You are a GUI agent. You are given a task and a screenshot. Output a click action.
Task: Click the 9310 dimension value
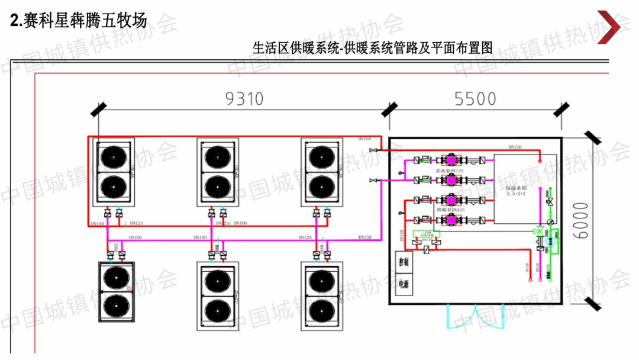pos(244,99)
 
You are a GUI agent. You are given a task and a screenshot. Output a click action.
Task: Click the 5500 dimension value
pos(475,99)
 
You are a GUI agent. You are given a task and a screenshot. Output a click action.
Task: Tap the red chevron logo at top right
pos(611,27)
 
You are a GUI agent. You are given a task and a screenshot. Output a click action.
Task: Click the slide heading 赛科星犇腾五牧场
pos(83,21)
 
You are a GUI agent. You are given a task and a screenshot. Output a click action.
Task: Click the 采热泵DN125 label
pos(449,171)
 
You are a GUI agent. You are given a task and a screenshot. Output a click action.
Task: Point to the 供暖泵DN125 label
pos(450,210)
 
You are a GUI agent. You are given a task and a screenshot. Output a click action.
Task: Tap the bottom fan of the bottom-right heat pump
pos(321,308)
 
